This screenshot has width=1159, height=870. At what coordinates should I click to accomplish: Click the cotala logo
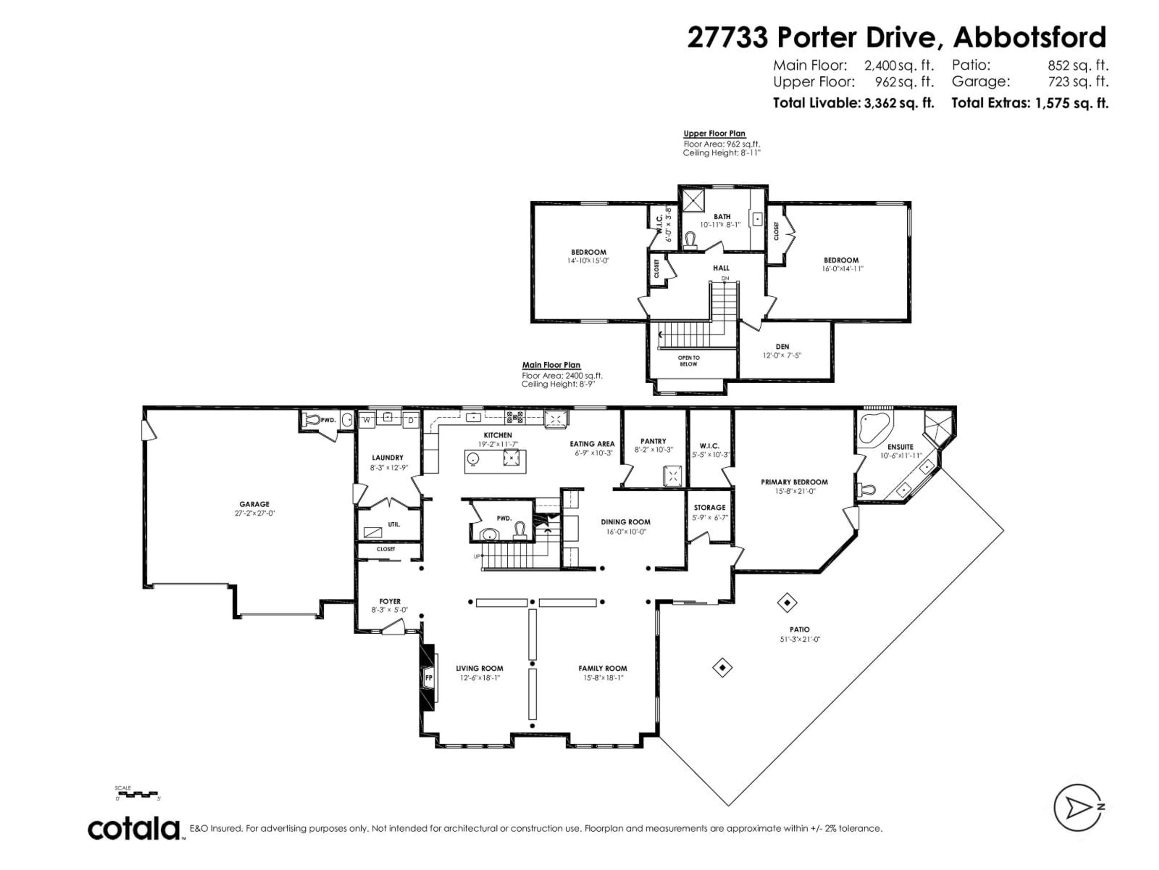(x=134, y=829)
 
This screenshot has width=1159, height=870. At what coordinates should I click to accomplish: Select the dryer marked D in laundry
(x=411, y=420)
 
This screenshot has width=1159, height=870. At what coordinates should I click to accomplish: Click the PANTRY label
(x=653, y=441)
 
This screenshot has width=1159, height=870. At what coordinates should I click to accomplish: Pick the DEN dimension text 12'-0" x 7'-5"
(x=782, y=355)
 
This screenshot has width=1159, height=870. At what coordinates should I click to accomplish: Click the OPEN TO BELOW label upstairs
(x=688, y=361)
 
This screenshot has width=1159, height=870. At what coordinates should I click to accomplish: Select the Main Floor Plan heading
(x=551, y=365)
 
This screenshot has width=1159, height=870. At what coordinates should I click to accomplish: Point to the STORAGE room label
(x=710, y=507)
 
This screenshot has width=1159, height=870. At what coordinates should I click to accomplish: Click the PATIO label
(x=800, y=629)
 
